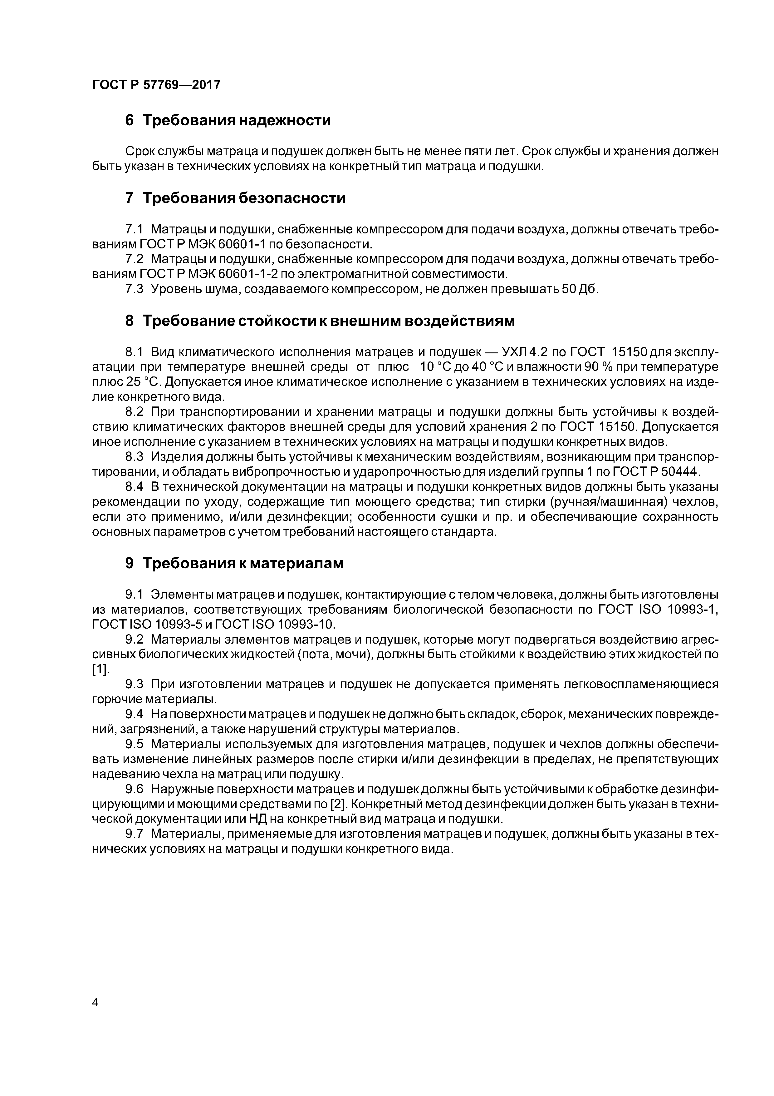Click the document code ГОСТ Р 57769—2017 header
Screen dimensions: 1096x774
tap(156, 85)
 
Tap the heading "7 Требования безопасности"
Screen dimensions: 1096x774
tap(235, 198)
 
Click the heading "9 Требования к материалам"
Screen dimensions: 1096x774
tap(234, 563)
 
